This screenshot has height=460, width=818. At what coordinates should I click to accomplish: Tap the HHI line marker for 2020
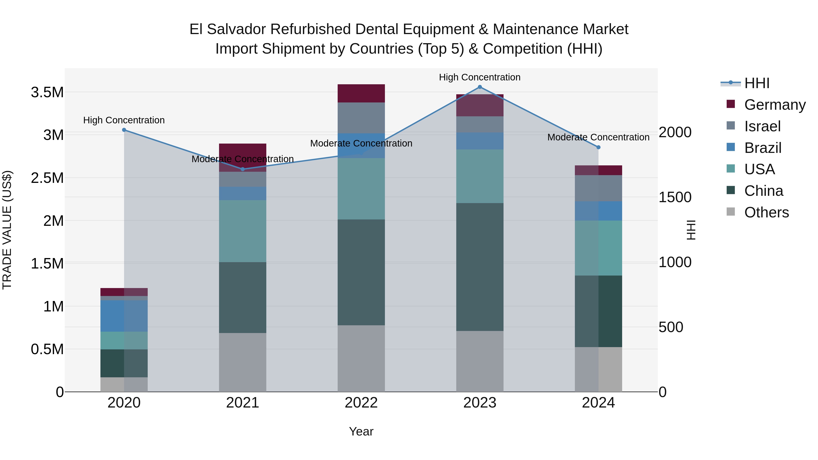coord(124,130)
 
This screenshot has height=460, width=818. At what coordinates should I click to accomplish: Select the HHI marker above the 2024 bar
coord(598,147)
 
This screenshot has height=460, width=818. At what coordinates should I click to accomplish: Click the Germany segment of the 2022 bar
coord(361,93)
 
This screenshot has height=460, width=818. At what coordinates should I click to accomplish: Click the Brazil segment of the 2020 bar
coord(124,316)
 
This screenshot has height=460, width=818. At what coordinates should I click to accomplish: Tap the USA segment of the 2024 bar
coord(598,248)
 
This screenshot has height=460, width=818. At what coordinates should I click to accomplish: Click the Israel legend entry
coord(762,126)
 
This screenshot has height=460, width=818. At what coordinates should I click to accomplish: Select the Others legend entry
coord(766,212)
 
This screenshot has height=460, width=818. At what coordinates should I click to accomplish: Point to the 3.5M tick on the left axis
coord(47,92)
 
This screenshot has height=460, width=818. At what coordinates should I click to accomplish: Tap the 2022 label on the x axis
coord(361,403)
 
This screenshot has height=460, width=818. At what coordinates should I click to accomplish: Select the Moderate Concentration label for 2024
coord(598,137)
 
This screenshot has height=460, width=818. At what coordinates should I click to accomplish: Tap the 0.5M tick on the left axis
coord(47,349)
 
